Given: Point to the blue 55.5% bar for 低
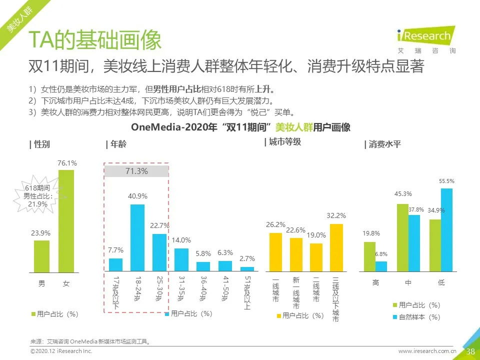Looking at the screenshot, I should (x=446, y=230).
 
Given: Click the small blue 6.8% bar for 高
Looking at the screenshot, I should (x=381, y=267).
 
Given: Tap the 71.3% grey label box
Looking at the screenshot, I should (x=136, y=171).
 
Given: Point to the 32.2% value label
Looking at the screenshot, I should (x=336, y=216).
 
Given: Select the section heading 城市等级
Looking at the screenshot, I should (x=282, y=142).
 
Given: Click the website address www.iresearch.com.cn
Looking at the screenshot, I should (x=427, y=351).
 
